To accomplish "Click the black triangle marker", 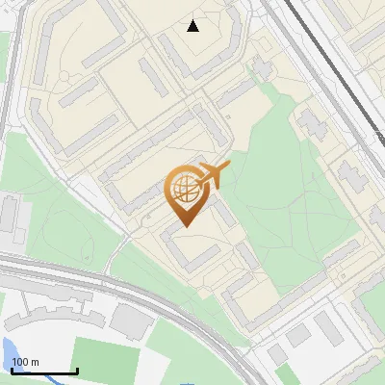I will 192,26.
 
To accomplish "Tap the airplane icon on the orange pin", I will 214,173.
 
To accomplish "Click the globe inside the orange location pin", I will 184,189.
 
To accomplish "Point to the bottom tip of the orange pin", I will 184,226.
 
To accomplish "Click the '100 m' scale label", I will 26,362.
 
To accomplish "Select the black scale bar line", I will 43,371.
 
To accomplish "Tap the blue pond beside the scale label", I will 8,349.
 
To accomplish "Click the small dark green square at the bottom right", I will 282,376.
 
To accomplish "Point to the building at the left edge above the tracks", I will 10,217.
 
